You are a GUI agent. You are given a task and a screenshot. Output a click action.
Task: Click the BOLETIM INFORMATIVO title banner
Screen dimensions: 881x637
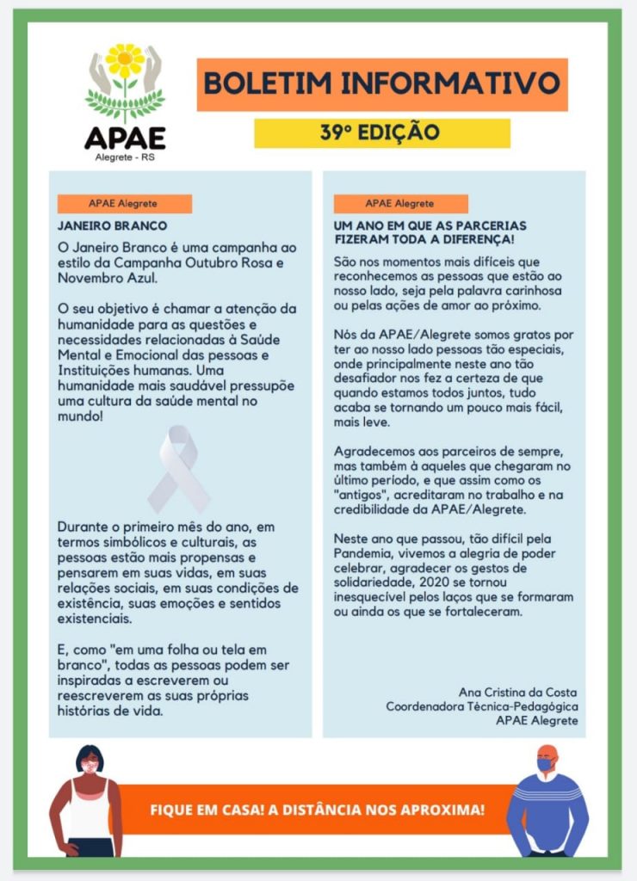382,84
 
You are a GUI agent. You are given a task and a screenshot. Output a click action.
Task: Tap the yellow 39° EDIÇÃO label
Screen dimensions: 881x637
381,133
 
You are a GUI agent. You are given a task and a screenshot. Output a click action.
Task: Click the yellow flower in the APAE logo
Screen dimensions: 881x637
126,59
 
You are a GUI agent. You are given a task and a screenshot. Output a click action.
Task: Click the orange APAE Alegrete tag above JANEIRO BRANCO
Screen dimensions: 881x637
124,204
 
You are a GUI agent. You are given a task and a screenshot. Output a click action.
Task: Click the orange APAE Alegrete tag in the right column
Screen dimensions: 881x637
400,204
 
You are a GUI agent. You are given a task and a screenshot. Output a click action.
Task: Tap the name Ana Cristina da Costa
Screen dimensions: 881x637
519,693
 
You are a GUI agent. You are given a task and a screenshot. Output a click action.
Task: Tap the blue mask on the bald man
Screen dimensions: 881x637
545,764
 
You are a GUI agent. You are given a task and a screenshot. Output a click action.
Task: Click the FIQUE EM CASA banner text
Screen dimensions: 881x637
317,810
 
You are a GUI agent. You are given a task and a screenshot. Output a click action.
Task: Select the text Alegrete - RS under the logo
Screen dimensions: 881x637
125,157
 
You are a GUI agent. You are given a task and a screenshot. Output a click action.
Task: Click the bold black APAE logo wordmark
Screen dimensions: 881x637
125,138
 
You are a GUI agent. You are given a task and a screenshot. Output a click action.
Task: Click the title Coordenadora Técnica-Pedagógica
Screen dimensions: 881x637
481,706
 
